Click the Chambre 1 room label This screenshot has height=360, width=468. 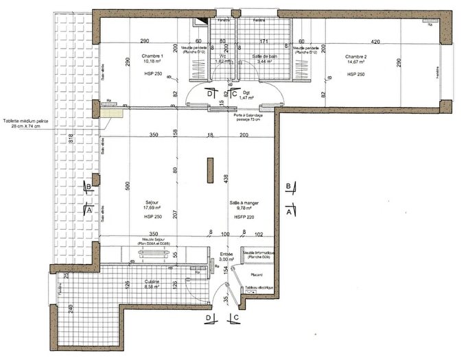152,56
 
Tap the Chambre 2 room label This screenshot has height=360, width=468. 356,56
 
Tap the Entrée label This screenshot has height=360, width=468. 226,253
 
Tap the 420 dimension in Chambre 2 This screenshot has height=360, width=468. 375,41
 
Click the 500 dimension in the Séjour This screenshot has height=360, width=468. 128,184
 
